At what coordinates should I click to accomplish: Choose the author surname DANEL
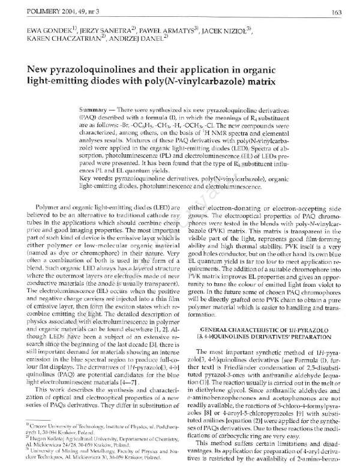pos(154,39)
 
